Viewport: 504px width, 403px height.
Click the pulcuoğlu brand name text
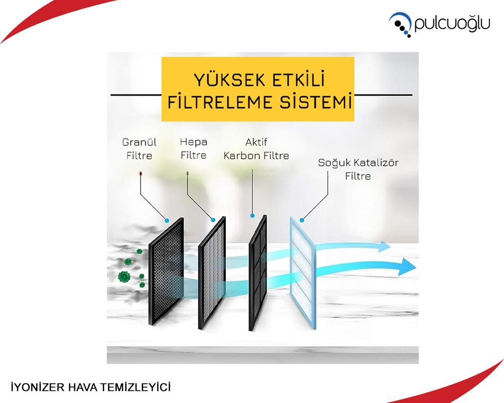click(x=452, y=24)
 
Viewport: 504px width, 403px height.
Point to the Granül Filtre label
click(x=139, y=149)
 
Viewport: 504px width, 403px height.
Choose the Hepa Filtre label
click(x=194, y=149)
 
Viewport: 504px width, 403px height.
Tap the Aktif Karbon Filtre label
click(x=256, y=149)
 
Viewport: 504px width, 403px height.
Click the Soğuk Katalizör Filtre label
click(x=358, y=169)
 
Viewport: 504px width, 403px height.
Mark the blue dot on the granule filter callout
click(x=167, y=221)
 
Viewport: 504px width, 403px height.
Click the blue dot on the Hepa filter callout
click(x=213, y=220)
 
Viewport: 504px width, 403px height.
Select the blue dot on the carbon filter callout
click(x=253, y=216)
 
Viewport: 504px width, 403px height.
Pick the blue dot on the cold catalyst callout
click(x=302, y=220)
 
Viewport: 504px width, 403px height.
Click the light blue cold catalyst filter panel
click(x=303, y=273)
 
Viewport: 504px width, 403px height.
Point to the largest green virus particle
click(x=124, y=277)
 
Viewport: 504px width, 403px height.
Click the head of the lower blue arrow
click(x=407, y=266)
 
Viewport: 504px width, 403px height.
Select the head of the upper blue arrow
click(x=384, y=246)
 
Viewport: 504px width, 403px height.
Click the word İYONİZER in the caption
click(x=38, y=387)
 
